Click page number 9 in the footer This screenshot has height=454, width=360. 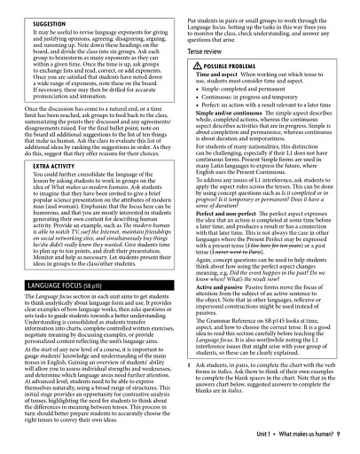(x=339, y=429)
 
